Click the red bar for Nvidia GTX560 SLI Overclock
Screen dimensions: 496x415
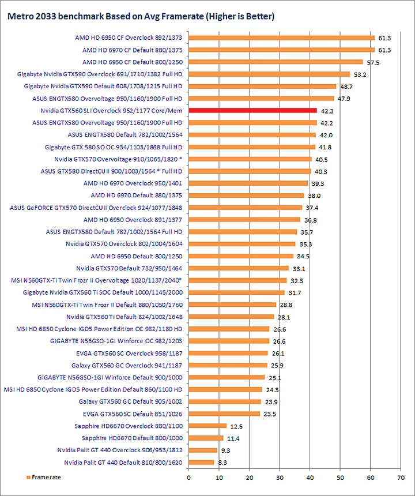[x=252, y=110]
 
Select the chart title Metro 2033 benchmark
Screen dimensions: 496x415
[x=140, y=17]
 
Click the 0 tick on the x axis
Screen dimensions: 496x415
[x=188, y=477]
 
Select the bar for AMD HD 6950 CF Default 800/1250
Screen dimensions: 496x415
[x=276, y=62]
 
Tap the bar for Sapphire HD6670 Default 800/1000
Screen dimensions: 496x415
[x=206, y=438]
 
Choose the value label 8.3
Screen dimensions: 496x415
[x=224, y=463]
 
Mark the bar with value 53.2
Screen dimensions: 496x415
[x=269, y=74]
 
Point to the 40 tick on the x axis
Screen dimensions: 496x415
[x=310, y=477]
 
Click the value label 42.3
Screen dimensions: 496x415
[x=327, y=110]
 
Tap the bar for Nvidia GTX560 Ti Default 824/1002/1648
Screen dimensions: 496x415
[x=231, y=317]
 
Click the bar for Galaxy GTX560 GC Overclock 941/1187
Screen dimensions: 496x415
[x=228, y=365]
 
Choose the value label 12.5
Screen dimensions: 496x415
[x=236, y=426]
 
